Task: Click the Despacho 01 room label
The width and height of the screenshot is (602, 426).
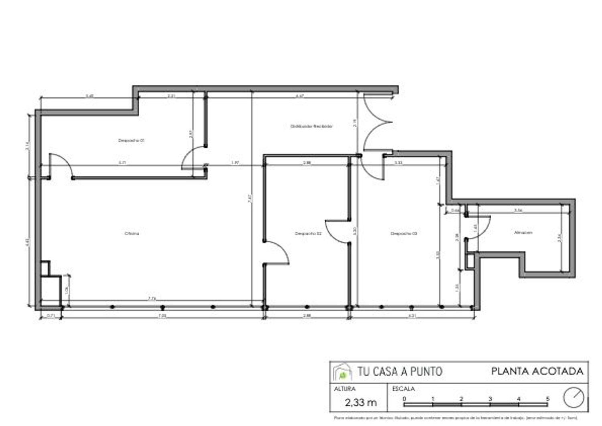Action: tap(131, 141)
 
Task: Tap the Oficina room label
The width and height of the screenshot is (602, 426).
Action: tap(131, 233)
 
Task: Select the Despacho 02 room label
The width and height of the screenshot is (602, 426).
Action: tap(308, 233)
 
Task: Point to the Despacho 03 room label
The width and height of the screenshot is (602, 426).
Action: tap(404, 233)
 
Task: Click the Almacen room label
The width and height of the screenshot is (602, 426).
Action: tap(523, 232)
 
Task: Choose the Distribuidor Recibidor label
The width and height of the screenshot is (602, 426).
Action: tap(311, 126)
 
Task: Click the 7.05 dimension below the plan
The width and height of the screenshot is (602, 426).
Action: tap(162, 316)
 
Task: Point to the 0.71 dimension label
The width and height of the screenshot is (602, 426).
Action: tap(51, 316)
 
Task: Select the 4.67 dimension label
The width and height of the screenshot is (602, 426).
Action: tap(299, 96)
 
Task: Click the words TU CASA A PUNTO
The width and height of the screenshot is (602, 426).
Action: tap(400, 371)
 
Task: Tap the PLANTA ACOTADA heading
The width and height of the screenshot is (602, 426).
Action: tap(537, 371)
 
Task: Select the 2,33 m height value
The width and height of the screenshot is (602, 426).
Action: tap(360, 402)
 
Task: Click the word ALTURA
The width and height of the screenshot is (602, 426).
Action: tap(344, 389)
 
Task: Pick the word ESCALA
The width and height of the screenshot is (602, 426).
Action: tap(403, 389)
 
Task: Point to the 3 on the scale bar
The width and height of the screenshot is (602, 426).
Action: tap(490, 399)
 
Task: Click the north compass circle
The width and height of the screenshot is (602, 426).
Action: tap(573, 397)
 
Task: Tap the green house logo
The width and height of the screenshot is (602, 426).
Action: tap(342, 373)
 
